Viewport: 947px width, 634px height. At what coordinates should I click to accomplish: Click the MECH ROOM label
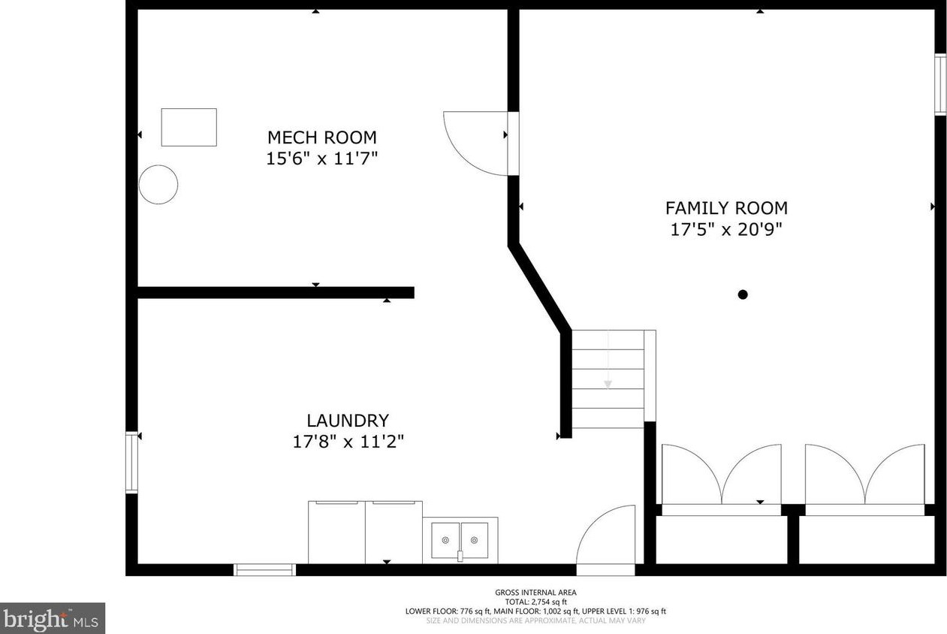322,137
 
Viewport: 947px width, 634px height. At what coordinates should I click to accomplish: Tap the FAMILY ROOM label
727,208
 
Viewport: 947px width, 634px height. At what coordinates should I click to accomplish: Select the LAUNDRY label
348,421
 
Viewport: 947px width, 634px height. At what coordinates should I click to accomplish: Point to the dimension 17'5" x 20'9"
726,230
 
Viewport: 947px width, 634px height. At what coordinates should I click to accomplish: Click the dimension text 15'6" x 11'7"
321,159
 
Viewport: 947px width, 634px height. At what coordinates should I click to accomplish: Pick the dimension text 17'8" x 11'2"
348,442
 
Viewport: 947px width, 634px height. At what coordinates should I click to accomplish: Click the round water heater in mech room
158,185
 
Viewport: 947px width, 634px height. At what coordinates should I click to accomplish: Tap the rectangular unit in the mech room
189,127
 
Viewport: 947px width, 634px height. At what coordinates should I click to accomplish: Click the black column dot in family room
743,294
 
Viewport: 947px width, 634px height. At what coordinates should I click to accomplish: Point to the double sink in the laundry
460,540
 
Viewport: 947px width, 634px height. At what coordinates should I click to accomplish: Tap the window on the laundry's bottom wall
265,569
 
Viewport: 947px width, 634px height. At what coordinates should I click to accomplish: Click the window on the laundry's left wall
131,462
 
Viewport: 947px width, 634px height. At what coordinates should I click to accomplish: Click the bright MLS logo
53,618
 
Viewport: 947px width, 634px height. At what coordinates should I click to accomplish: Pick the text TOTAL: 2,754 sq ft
536,602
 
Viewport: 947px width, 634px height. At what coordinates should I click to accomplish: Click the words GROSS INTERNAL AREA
535,593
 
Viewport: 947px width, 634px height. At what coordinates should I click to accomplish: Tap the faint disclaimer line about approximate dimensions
535,621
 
